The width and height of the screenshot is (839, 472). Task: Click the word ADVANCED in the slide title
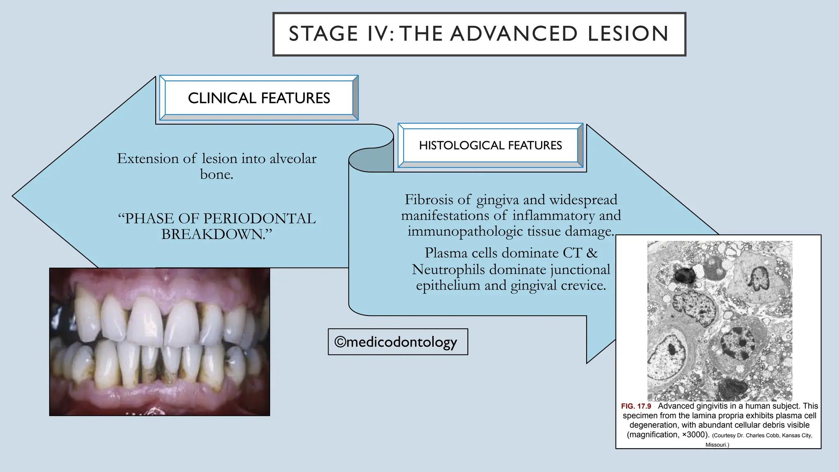(514, 34)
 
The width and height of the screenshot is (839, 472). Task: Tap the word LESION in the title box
(628, 34)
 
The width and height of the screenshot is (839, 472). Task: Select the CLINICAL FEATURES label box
(259, 98)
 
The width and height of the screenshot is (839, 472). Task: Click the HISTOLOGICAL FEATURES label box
(490, 145)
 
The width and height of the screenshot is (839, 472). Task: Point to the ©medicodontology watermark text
(396, 342)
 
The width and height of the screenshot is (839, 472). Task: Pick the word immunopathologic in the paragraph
(465, 231)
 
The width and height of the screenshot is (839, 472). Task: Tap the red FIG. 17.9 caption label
(636, 406)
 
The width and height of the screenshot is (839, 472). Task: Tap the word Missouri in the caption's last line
(717, 445)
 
